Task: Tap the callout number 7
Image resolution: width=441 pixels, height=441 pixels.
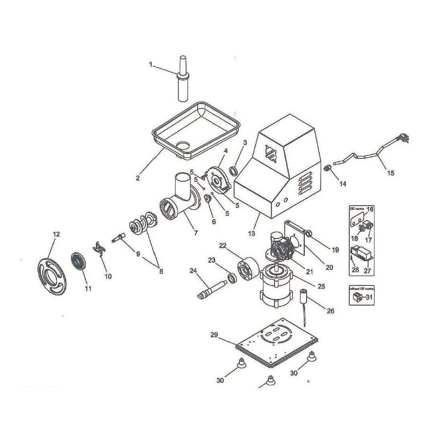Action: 195,233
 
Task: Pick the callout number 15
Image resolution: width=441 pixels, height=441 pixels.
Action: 390,173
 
